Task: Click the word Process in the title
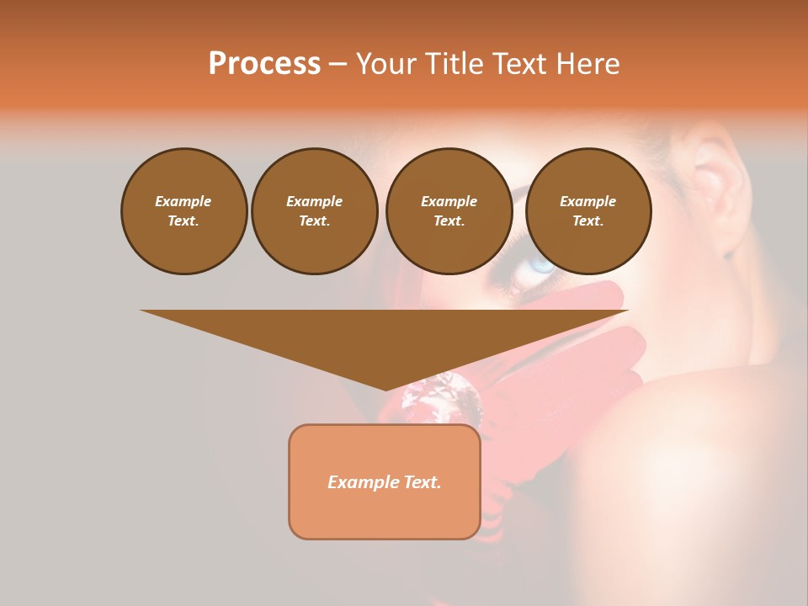pyautogui.click(x=264, y=64)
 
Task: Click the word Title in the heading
pyautogui.click(x=450, y=64)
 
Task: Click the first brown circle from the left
pyautogui.click(x=183, y=211)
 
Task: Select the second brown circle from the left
pyautogui.click(x=315, y=211)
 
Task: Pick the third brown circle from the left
pyautogui.click(x=449, y=211)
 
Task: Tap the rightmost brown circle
pyautogui.click(x=588, y=211)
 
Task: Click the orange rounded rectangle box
pyautogui.click(x=385, y=481)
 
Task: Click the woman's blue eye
pyautogui.click(x=541, y=265)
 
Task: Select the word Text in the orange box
pyautogui.click(x=423, y=482)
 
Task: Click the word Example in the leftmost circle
pyautogui.click(x=183, y=201)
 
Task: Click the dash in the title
pyautogui.click(x=338, y=64)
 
